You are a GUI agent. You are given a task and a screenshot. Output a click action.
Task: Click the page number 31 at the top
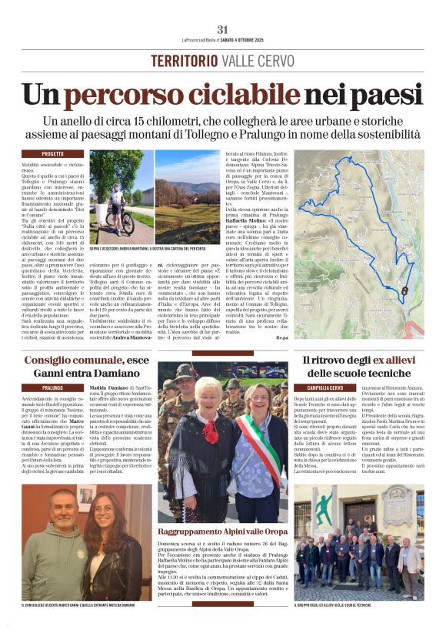coord(223,29)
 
